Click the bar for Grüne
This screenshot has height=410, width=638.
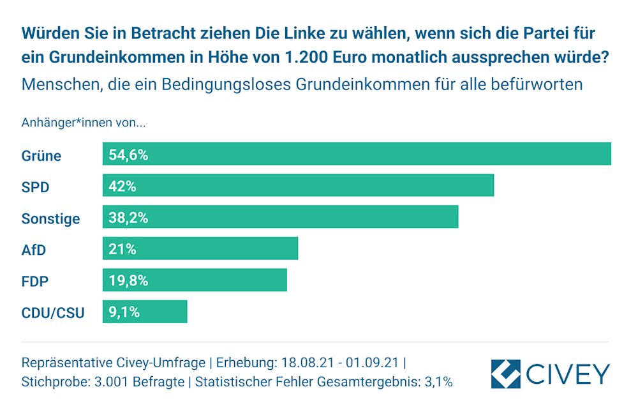pyautogui.click(x=357, y=154)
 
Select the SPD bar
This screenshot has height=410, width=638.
pyautogui.click(x=298, y=186)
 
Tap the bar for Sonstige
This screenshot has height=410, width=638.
pyautogui.click(x=280, y=217)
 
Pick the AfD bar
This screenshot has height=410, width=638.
pyautogui.click(x=200, y=248)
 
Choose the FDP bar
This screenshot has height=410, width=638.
pyautogui.click(x=195, y=280)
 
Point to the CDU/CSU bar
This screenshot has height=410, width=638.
pyautogui.click(x=145, y=312)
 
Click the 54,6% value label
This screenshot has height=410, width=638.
pyautogui.click(x=128, y=155)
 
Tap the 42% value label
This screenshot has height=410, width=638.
pyautogui.click(x=122, y=186)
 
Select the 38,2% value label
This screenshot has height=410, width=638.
pyautogui.click(x=128, y=217)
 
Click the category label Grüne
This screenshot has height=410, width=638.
pyautogui.click(x=41, y=155)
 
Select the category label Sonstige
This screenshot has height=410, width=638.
pyautogui.click(x=51, y=218)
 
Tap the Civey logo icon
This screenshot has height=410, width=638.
pyautogui.click(x=505, y=374)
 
